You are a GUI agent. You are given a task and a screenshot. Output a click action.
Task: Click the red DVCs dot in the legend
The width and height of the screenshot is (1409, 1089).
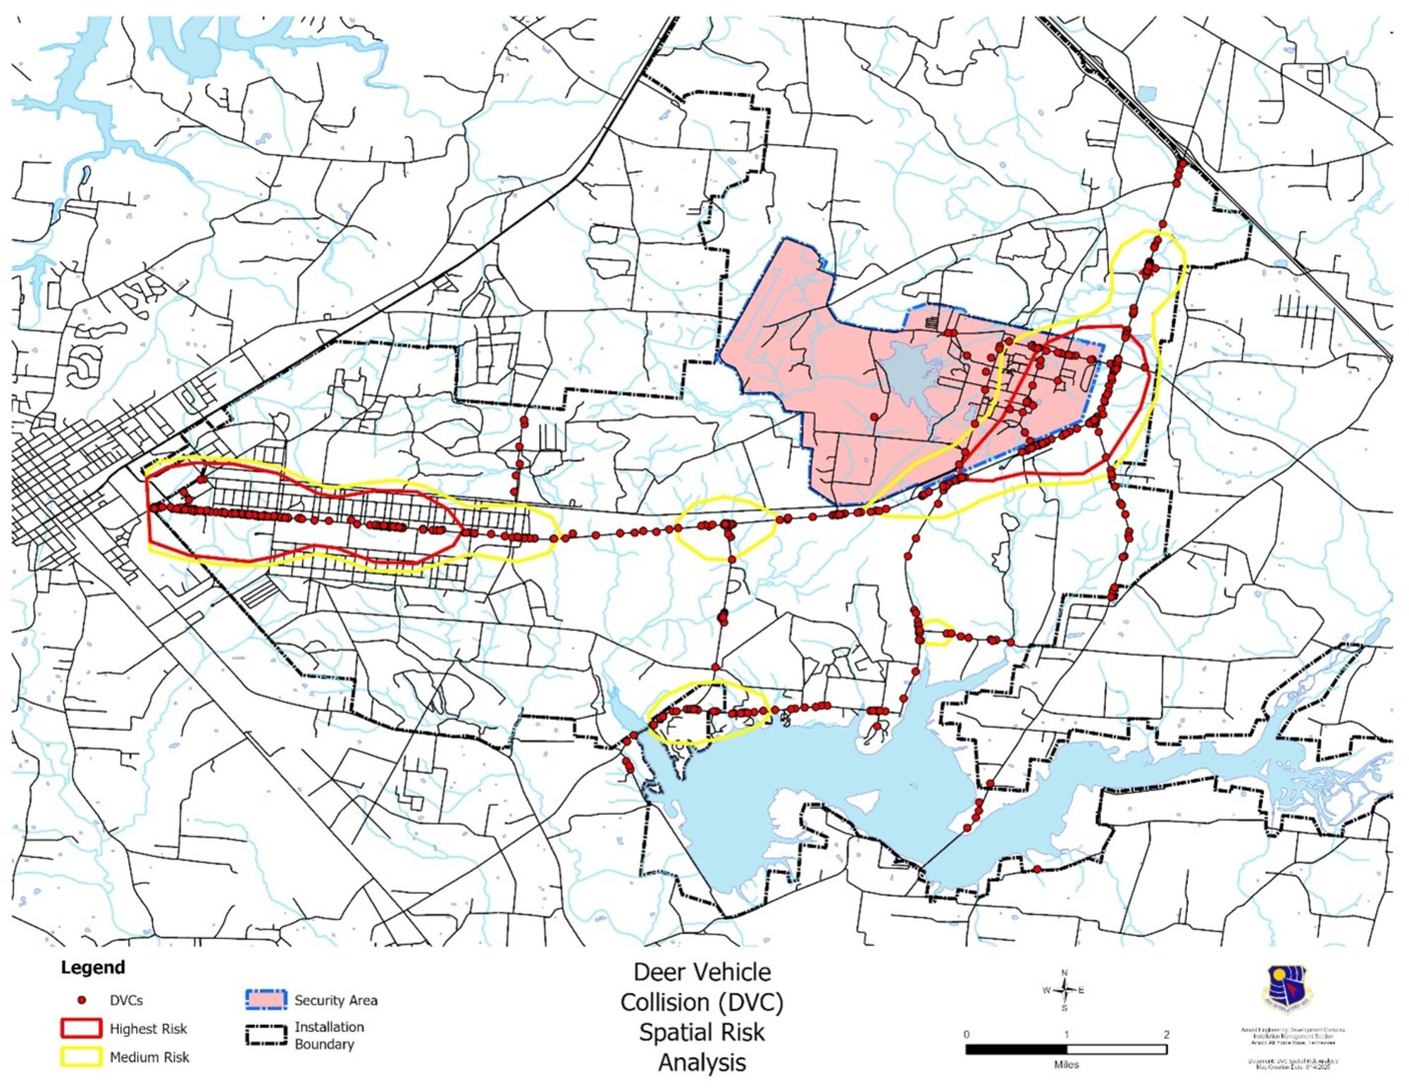pyautogui.click(x=82, y=1000)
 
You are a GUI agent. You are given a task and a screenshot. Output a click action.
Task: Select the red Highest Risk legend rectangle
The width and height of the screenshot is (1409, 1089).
pyautogui.click(x=81, y=1028)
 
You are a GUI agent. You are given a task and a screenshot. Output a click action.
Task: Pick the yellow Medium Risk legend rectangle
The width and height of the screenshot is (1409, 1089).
pyautogui.click(x=81, y=1057)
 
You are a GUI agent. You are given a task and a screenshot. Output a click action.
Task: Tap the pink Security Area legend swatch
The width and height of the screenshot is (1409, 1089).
pyautogui.click(x=266, y=1000)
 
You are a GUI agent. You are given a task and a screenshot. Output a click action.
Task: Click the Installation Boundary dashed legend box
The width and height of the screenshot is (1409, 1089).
pyautogui.click(x=266, y=1035)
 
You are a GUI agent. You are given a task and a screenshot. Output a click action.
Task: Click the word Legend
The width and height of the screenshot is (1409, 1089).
pyautogui.click(x=92, y=967)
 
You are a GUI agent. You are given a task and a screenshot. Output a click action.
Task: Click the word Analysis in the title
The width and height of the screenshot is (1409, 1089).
pyautogui.click(x=702, y=1062)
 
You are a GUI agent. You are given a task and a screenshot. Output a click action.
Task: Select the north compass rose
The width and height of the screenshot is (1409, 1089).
pyautogui.click(x=1064, y=990)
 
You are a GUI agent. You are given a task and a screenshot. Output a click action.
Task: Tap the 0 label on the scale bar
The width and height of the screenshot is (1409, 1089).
pyautogui.click(x=966, y=1034)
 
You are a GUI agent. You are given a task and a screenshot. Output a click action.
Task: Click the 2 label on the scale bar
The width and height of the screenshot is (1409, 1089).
pyautogui.click(x=1166, y=1034)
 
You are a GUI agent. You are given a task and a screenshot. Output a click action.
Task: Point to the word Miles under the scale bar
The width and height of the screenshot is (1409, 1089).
pyautogui.click(x=1066, y=1064)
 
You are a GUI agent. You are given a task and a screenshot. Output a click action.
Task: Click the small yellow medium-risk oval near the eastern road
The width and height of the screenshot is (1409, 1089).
pyautogui.click(x=937, y=632)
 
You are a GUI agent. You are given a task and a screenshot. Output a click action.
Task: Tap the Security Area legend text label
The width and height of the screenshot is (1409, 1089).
pyautogui.click(x=335, y=1000)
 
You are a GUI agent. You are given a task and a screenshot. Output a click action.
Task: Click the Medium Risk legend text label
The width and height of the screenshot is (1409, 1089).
pyautogui.click(x=149, y=1057)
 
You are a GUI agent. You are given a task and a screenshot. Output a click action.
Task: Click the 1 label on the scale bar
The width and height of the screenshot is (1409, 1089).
pyautogui.click(x=1066, y=1034)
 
